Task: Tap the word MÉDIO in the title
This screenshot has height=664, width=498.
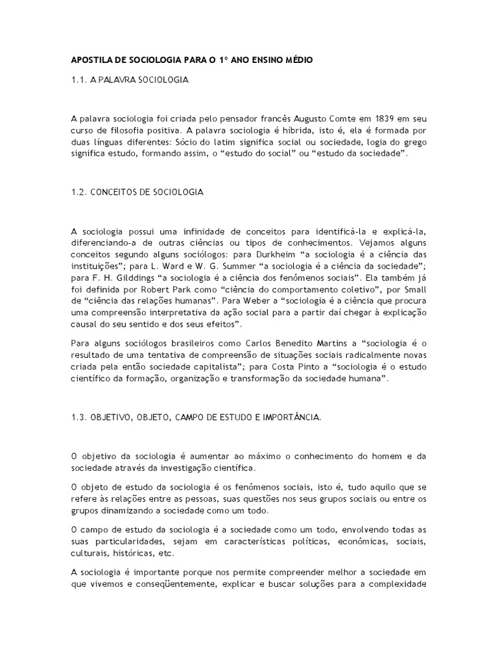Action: click(x=298, y=60)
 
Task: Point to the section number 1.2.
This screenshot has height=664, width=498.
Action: click(x=78, y=192)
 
